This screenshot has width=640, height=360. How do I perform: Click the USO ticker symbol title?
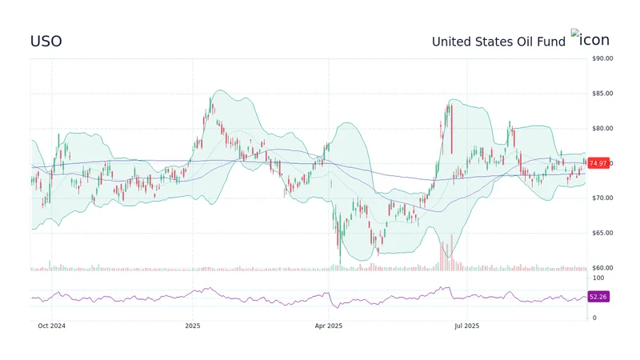pyautogui.click(x=46, y=41)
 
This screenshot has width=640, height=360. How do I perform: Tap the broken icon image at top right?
pyautogui.click(x=590, y=38)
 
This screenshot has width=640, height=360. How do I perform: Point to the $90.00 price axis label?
pyautogui.click(x=602, y=58)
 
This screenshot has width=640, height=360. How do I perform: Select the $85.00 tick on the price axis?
pyautogui.click(x=602, y=94)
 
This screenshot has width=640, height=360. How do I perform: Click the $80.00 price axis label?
pyautogui.click(x=602, y=128)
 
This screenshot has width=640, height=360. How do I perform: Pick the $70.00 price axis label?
pyautogui.click(x=602, y=198)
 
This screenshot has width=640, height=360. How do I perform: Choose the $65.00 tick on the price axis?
pyautogui.click(x=602, y=233)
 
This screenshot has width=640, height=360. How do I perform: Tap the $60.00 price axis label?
pyautogui.click(x=602, y=268)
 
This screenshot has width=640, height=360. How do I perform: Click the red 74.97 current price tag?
pyautogui.click(x=598, y=163)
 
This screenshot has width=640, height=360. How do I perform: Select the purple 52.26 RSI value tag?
pyautogui.click(x=598, y=297)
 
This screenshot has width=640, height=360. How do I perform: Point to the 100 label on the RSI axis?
pyautogui.click(x=598, y=276)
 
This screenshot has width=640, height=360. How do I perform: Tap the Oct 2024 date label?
pyautogui.click(x=52, y=326)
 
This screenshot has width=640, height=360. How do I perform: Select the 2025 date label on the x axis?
pyautogui.click(x=192, y=326)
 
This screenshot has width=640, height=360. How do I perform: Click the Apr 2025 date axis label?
pyautogui.click(x=329, y=326)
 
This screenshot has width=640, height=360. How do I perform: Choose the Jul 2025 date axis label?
pyautogui.click(x=466, y=326)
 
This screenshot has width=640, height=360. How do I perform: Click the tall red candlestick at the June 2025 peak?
pyautogui.click(x=452, y=128)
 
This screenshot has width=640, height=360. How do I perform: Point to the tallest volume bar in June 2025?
pyautogui.click(x=452, y=252)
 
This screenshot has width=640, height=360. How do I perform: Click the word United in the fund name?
pyautogui.click(x=453, y=41)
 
